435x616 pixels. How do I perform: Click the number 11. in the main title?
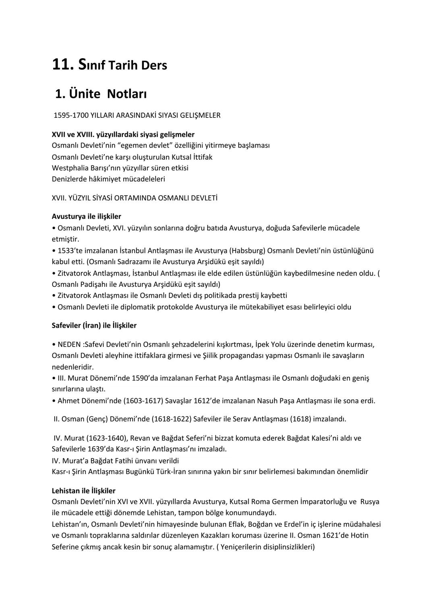[x=62, y=65]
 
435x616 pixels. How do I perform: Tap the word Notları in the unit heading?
[x=127, y=94]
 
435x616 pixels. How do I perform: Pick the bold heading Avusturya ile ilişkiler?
[x=86, y=217]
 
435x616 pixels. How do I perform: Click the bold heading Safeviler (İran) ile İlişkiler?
[x=94, y=326]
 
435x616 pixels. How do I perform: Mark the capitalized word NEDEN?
[x=69, y=345]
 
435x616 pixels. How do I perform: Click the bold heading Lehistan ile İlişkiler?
[x=83, y=491]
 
